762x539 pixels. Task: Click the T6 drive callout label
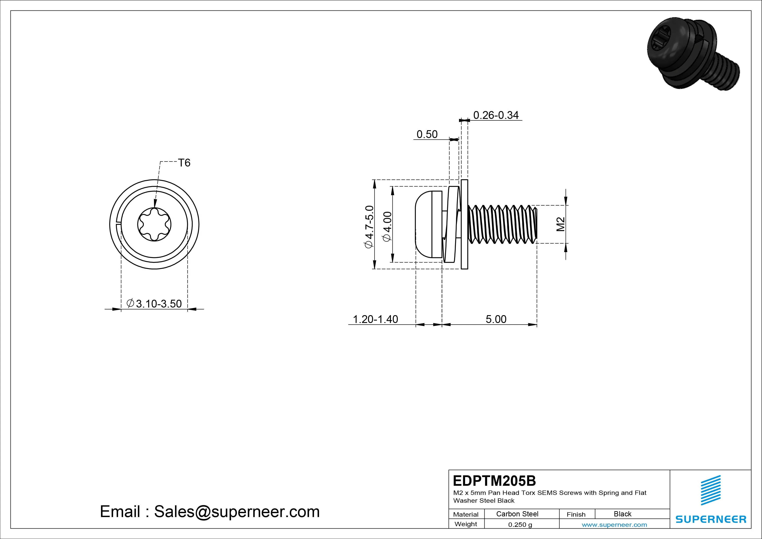coord(184,163)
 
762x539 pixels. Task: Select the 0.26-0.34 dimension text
coord(496,115)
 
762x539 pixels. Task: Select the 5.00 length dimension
coord(496,319)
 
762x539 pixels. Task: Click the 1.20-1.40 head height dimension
coord(375,319)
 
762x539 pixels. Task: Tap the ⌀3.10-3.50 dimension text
coord(154,304)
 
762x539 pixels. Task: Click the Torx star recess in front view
coord(154,225)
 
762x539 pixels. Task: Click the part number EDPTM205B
coord(495,481)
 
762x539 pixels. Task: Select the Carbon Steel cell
coord(517,514)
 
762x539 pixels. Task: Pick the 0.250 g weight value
coord(520,525)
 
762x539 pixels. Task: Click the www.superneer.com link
coord(614,525)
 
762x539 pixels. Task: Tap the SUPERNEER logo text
coord(711,519)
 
